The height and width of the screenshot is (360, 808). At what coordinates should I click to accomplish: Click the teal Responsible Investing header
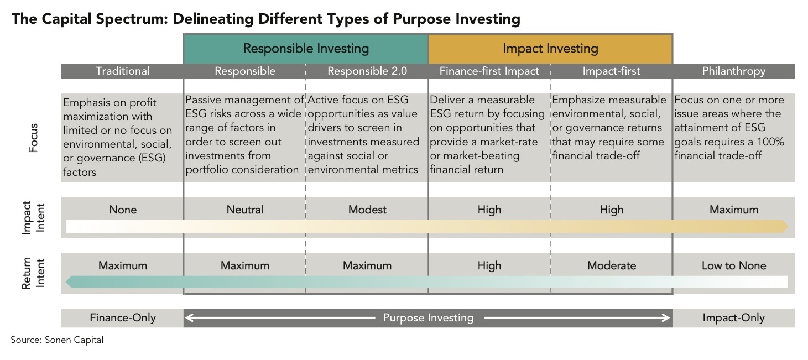[x=306, y=49]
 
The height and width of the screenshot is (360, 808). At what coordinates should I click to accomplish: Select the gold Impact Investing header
[x=550, y=49]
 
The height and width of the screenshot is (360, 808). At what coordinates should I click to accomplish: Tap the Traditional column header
[x=123, y=71]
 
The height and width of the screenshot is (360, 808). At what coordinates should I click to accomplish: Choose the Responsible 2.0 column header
[x=367, y=71]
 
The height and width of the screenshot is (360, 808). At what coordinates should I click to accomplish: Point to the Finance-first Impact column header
[x=489, y=71]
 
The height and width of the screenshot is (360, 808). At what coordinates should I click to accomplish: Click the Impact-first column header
[x=612, y=71]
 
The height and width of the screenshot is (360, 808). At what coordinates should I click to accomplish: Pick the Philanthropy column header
[x=734, y=71]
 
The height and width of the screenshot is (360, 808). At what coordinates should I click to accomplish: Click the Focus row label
[x=33, y=138]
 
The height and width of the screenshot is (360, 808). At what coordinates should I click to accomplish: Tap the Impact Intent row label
[x=33, y=217]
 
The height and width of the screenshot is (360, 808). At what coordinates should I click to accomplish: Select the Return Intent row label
[x=33, y=273]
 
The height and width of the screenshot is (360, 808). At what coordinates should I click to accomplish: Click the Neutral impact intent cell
[x=245, y=210]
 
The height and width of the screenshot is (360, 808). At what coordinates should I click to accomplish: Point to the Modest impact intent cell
[x=367, y=210]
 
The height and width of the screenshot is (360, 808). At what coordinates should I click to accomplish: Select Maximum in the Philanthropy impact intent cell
[x=734, y=210]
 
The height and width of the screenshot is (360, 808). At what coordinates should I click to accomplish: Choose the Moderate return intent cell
[x=612, y=265]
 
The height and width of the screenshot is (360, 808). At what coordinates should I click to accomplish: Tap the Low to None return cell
[x=734, y=265]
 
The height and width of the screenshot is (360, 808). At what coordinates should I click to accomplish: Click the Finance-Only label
[x=123, y=318]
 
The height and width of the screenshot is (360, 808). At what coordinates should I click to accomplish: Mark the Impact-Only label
[x=734, y=318]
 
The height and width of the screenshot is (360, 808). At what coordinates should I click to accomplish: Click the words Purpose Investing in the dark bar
[x=428, y=318]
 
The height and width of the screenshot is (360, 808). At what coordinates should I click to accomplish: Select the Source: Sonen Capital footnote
[x=57, y=340]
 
